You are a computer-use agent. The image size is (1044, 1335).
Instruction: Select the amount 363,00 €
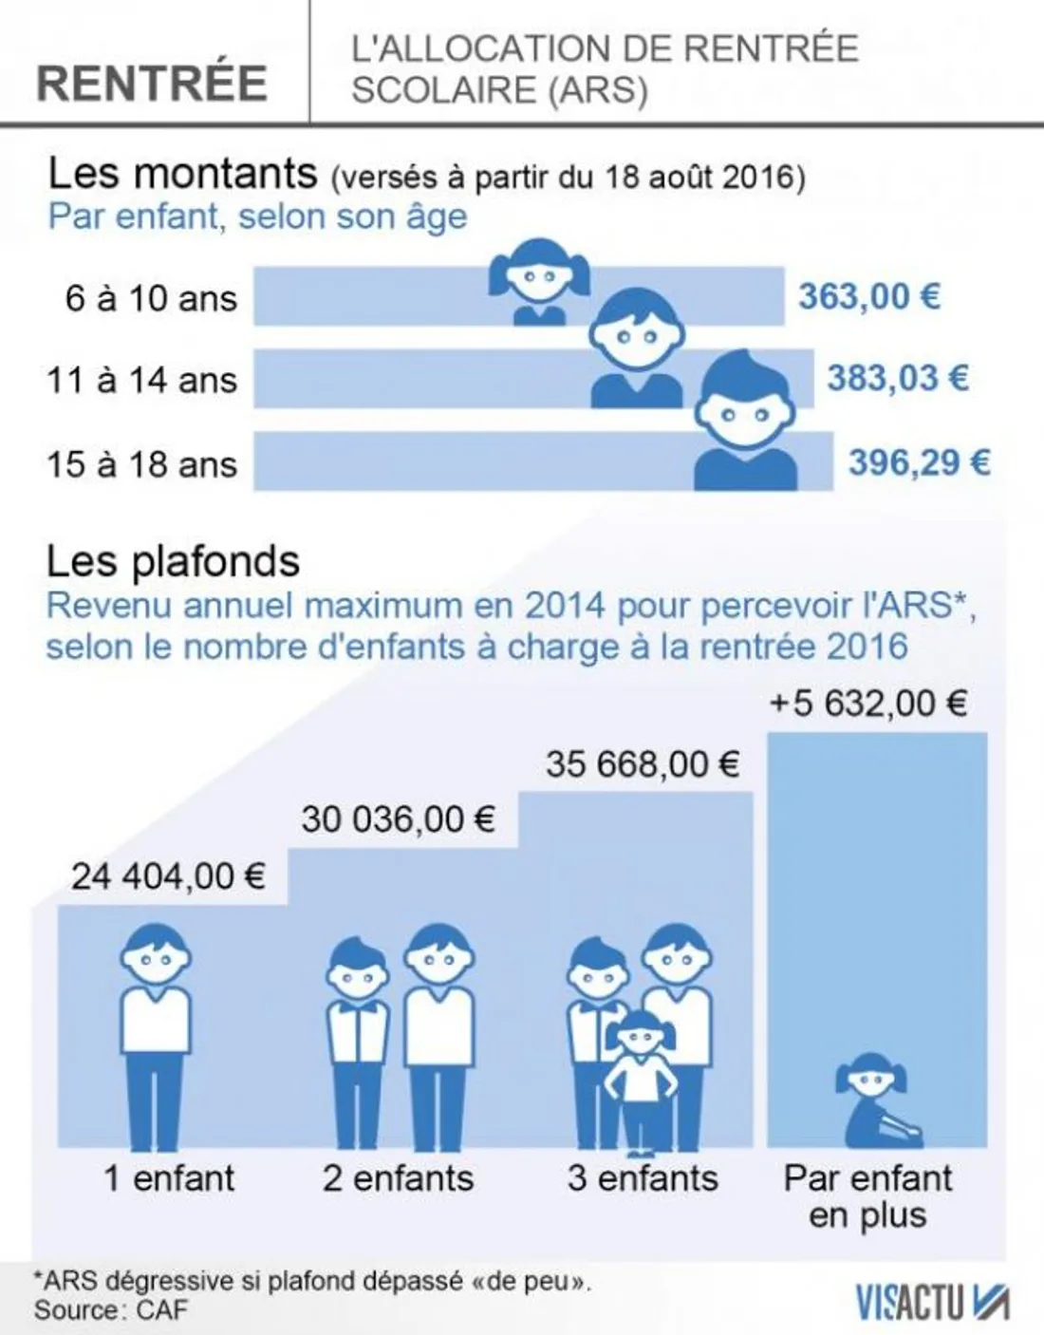point(868,297)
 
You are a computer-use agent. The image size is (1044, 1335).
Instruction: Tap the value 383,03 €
point(897,379)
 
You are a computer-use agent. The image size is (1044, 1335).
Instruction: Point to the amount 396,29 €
point(918,462)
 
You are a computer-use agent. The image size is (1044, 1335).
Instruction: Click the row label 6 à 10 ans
point(150,299)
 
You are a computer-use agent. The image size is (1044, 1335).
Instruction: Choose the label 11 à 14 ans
point(141,381)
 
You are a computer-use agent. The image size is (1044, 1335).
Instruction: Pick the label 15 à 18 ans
point(141,464)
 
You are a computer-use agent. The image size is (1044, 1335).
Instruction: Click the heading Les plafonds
point(173,562)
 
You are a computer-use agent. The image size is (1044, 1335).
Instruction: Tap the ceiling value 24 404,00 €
point(168,876)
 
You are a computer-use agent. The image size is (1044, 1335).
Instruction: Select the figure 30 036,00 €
point(398,819)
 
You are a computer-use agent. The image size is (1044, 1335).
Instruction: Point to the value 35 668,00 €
point(642,764)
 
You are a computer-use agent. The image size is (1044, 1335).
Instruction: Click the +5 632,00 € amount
point(867,704)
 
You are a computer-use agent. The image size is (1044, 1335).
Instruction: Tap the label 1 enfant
point(169,1178)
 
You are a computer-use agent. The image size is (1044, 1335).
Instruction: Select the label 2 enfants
point(398,1178)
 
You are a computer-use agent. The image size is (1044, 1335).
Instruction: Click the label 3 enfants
point(643,1178)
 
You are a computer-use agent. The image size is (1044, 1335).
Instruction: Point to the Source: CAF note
point(111,1310)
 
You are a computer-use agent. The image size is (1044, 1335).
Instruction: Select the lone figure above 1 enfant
point(155,1035)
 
